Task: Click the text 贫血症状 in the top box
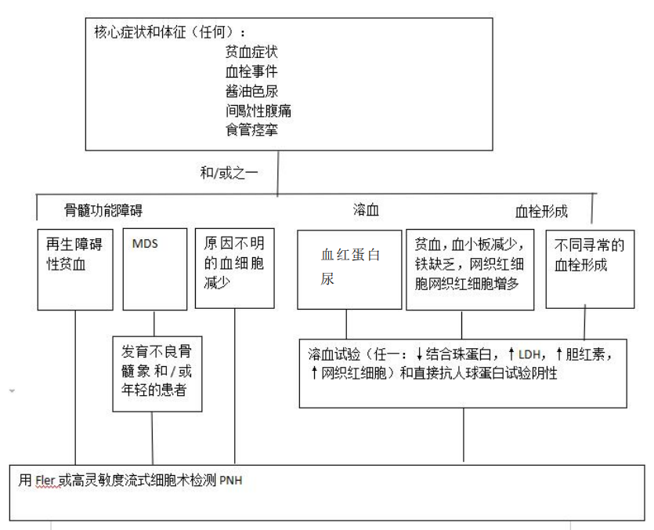click(x=251, y=52)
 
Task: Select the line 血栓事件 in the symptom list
click(x=251, y=71)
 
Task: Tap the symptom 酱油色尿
click(x=251, y=91)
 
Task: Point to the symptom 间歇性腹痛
click(x=258, y=111)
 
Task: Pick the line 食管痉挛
click(x=251, y=130)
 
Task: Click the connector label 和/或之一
click(x=229, y=172)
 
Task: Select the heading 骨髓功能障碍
click(x=103, y=209)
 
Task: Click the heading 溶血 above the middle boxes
click(x=366, y=209)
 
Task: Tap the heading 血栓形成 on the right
click(x=541, y=212)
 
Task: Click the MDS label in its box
click(x=145, y=244)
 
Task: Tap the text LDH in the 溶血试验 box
click(x=529, y=354)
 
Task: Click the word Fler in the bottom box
click(x=45, y=481)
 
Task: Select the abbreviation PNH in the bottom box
click(x=230, y=481)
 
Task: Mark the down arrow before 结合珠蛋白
click(x=420, y=354)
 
